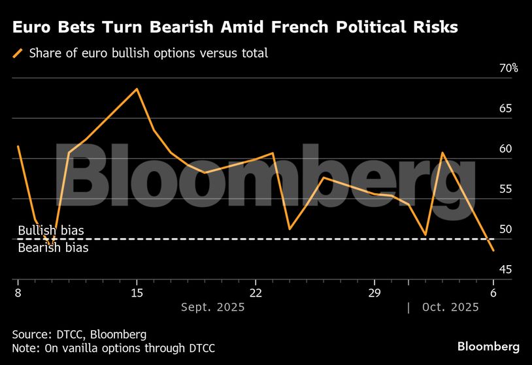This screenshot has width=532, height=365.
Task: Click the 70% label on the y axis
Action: (x=507, y=69)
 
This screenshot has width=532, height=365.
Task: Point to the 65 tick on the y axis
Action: (x=505, y=108)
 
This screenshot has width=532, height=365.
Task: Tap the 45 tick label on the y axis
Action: (x=505, y=270)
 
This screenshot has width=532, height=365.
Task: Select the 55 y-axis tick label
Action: (x=505, y=189)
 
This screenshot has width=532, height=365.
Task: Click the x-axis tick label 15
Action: (x=136, y=292)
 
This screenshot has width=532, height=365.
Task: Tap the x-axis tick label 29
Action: (x=374, y=292)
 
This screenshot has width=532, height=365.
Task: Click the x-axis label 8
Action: (x=18, y=292)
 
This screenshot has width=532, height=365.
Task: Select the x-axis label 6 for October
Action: (x=493, y=292)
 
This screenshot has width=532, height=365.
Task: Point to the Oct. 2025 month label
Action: (x=450, y=307)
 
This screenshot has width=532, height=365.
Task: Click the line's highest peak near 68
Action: (x=136, y=89)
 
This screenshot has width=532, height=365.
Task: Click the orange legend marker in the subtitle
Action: (x=18, y=53)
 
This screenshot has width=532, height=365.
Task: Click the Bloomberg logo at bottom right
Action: (x=488, y=346)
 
